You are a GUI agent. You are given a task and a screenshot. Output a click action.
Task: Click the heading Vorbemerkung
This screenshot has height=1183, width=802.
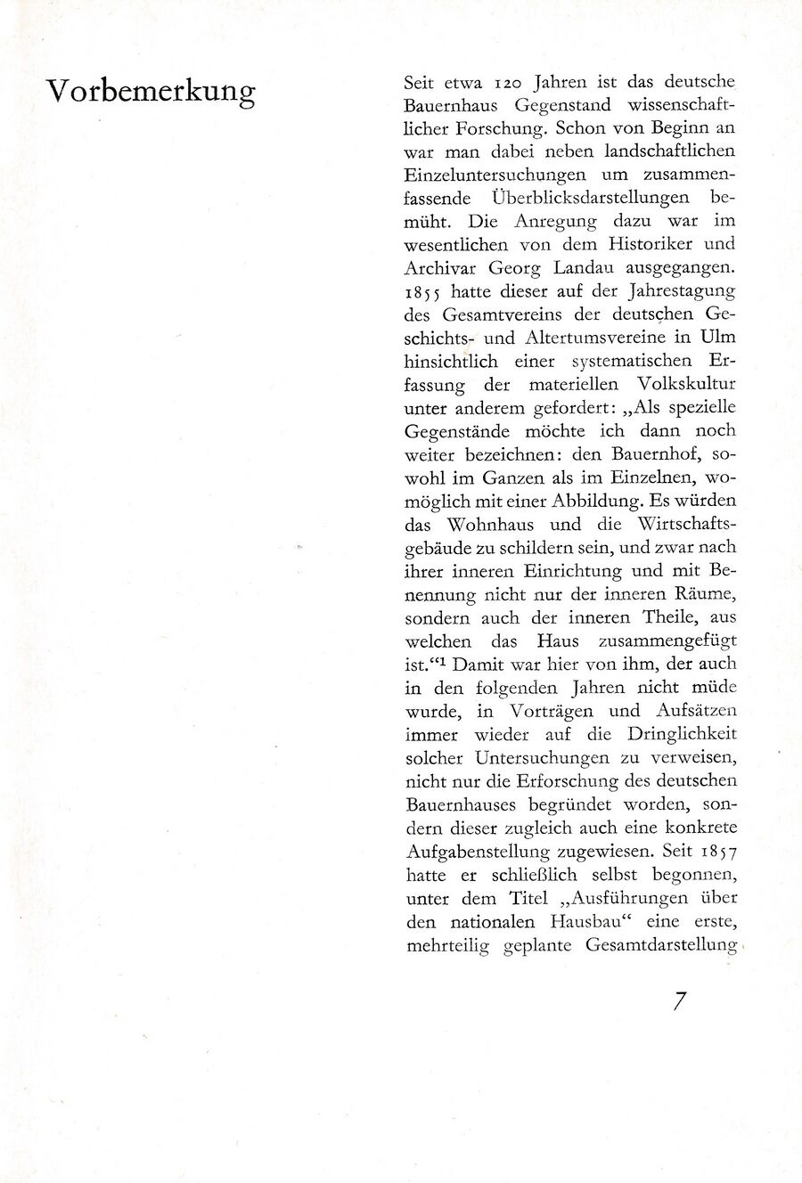tap(151, 91)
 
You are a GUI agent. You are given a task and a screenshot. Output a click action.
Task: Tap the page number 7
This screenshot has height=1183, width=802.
tap(680, 1001)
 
